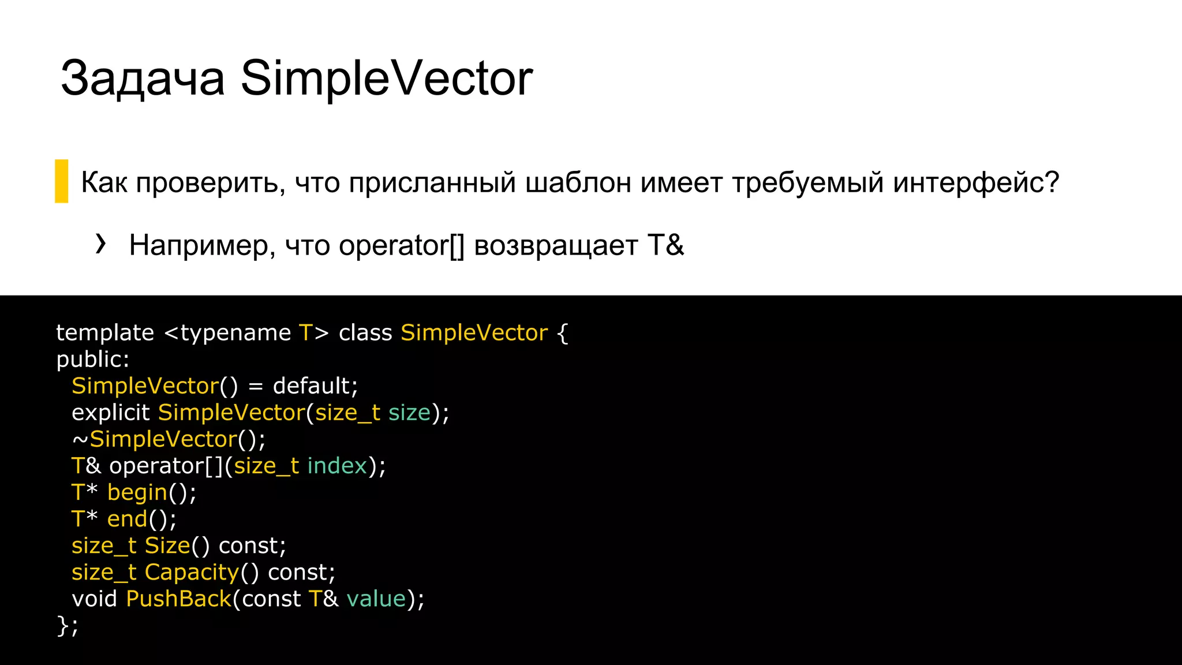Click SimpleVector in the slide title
[386, 79]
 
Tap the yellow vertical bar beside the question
[61, 181]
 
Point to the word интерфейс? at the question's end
[976, 182]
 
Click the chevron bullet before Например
[101, 244]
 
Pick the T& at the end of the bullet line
[665, 245]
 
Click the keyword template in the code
[105, 332]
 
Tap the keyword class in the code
[365, 332]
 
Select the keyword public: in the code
[93, 360]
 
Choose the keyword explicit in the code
[110, 413]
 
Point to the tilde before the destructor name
[80, 440]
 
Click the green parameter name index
[337, 466]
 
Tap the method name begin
[137, 493]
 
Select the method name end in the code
[127, 519]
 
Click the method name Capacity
[192, 572]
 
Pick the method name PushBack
[178, 599]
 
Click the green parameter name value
[376, 599]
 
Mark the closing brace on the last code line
[62, 625]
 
